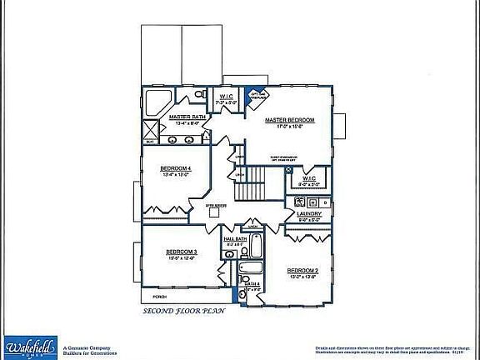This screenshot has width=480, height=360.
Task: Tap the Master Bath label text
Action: coord(187,117)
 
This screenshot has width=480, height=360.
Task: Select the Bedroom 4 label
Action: coord(176,168)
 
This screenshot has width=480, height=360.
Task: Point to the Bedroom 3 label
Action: coord(181,252)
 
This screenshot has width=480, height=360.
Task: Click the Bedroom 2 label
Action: coord(303,271)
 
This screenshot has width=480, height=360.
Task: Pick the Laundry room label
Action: coord(309,214)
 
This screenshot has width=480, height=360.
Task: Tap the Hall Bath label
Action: coord(235,239)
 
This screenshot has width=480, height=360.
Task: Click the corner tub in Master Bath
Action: coord(156,104)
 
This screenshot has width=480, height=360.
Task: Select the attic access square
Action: coord(213,212)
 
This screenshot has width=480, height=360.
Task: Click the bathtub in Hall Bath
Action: coord(256,246)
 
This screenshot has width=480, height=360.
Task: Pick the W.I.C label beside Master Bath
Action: coord(226,97)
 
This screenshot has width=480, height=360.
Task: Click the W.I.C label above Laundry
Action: coord(308,177)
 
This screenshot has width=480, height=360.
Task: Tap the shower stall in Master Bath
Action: coord(151,129)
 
